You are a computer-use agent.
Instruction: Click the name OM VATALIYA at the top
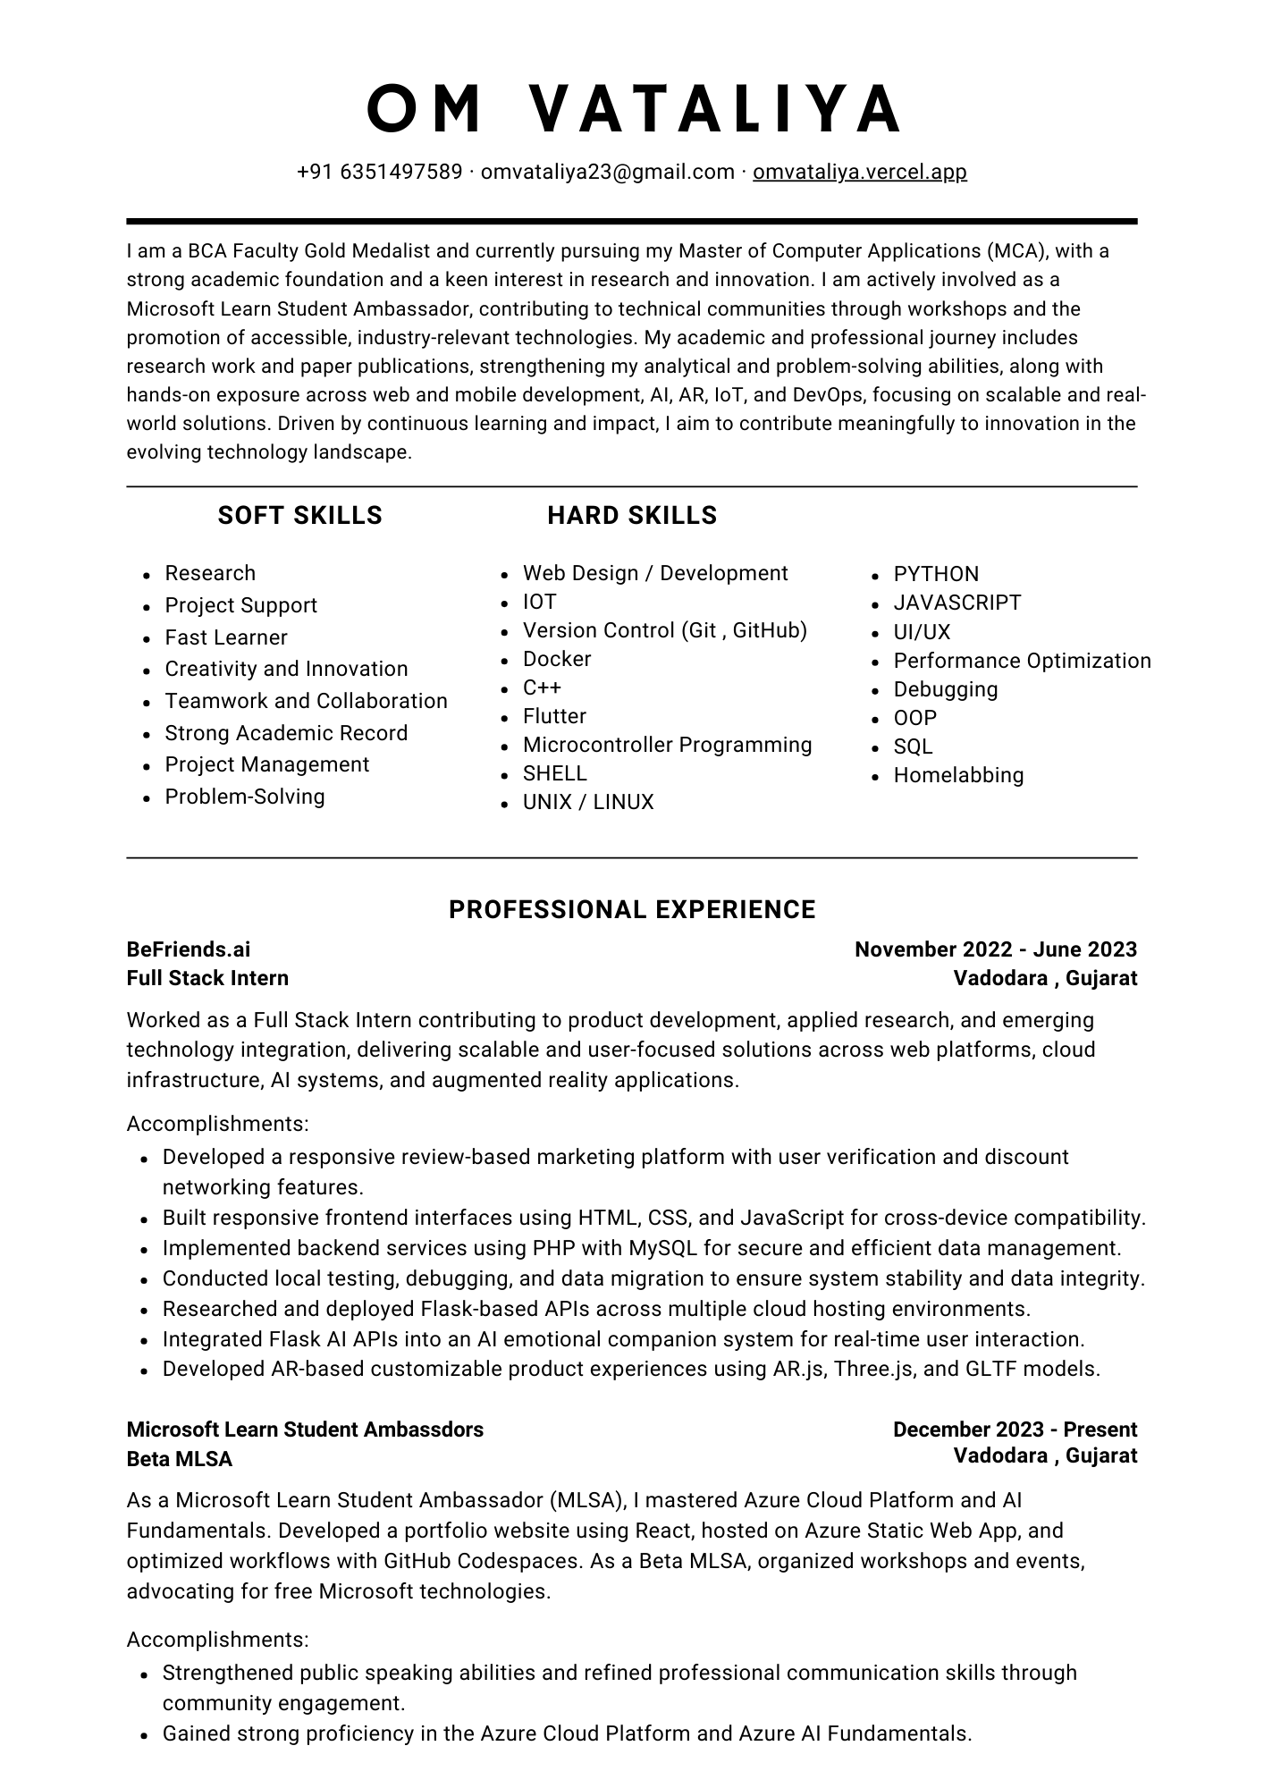coord(632,108)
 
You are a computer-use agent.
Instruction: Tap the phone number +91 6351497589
coord(379,172)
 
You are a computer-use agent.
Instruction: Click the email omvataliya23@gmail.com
coord(607,172)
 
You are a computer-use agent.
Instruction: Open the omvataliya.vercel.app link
coord(859,172)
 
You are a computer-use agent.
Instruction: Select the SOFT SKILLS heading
coord(299,516)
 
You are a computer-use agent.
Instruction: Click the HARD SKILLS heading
coord(632,516)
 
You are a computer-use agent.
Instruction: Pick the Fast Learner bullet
coord(226,637)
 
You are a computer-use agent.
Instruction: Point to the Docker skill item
coord(557,659)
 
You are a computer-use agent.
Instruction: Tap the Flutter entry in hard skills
coord(554,716)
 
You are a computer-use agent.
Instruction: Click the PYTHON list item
coord(936,574)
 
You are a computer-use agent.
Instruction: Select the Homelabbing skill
coord(958,775)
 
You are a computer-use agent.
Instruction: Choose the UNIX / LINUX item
coord(588,802)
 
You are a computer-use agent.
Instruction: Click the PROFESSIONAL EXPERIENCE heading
coord(632,910)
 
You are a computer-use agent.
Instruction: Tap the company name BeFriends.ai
coord(189,949)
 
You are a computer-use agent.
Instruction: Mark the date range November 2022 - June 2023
coord(995,949)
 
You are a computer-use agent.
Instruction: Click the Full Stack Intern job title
coord(207,978)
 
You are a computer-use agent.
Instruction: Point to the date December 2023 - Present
coord(1015,1430)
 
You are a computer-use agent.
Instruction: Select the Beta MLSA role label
coord(179,1459)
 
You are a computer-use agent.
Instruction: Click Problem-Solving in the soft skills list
coord(245,797)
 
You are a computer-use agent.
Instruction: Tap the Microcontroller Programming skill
coord(667,745)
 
